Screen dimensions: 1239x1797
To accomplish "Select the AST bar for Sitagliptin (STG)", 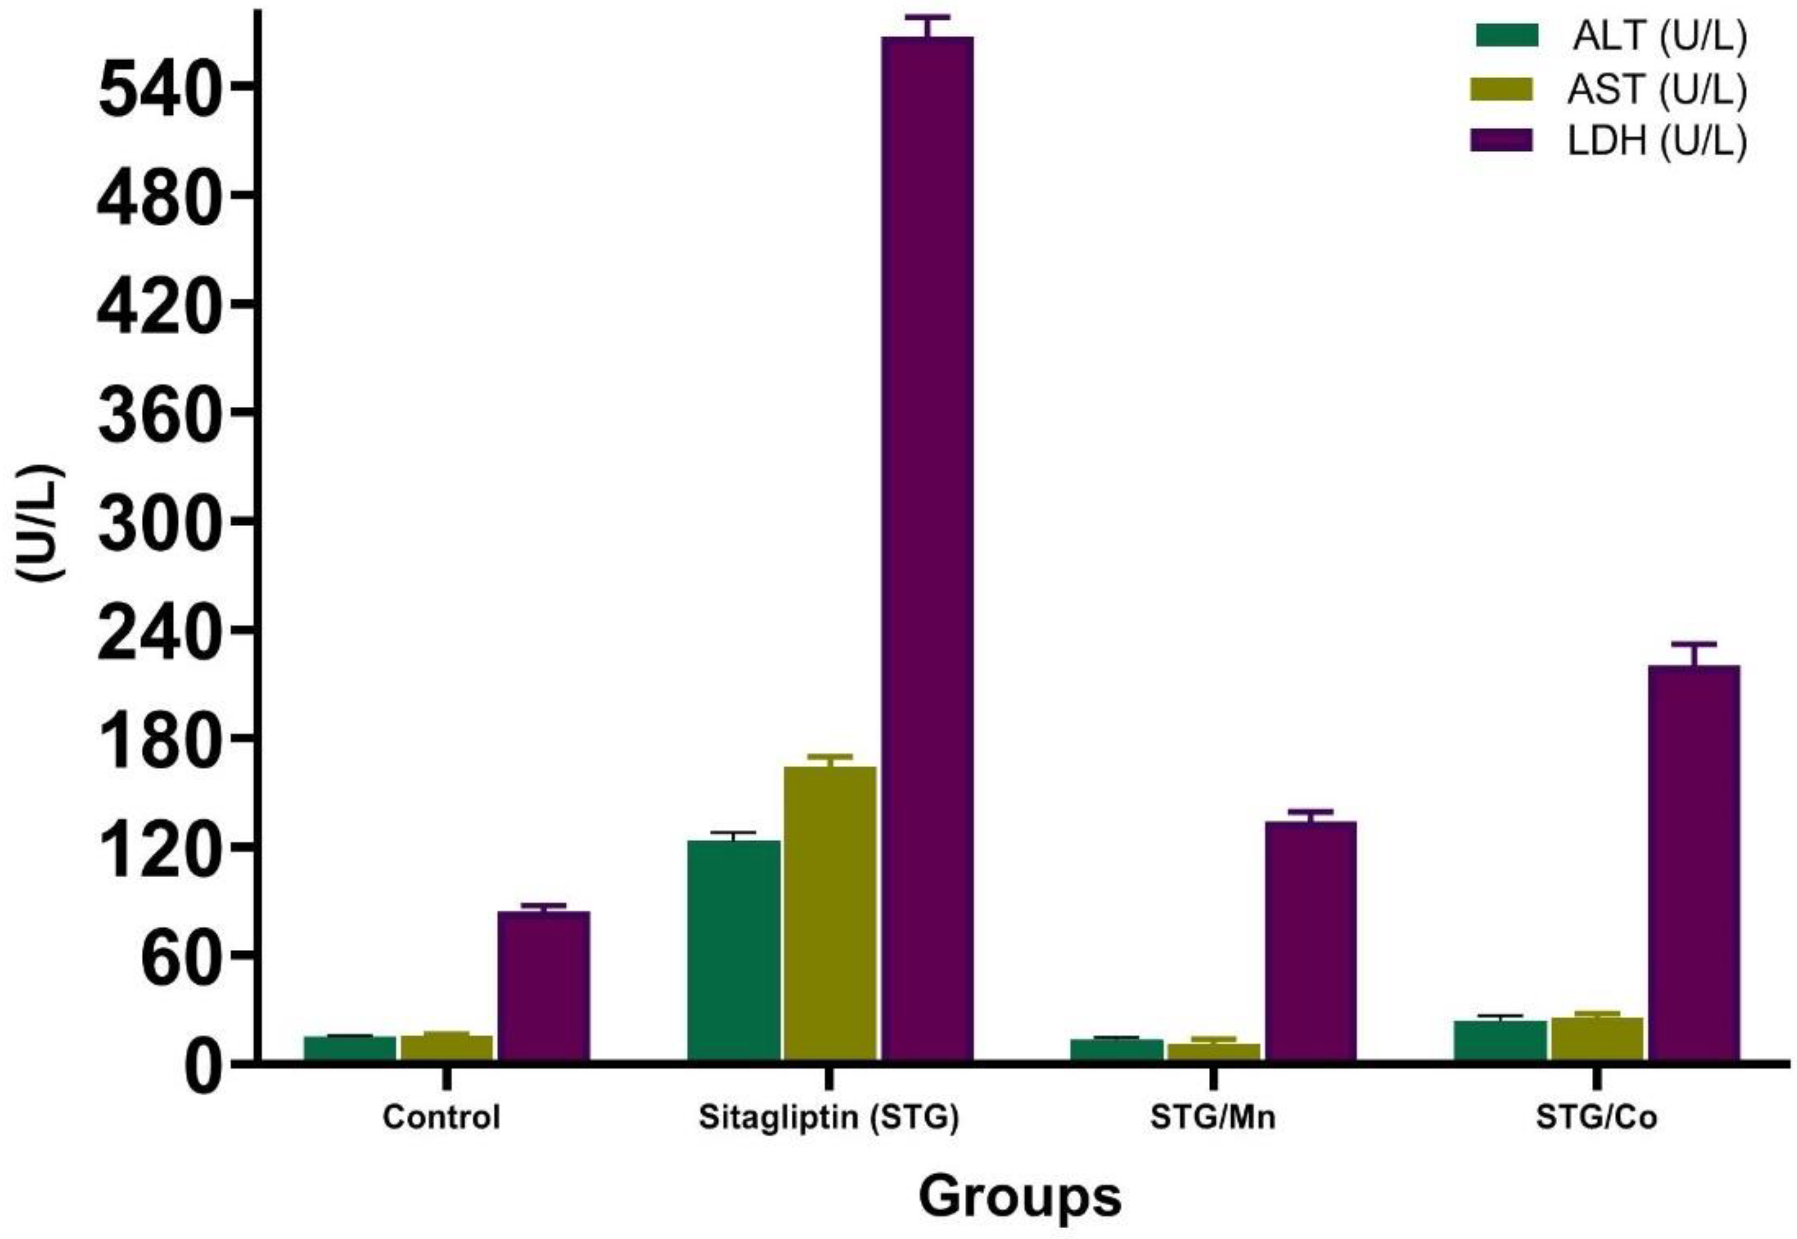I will pos(829,912).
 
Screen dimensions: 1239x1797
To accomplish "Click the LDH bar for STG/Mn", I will pos(1310,940).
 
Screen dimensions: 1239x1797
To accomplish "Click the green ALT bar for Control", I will pos(349,1047).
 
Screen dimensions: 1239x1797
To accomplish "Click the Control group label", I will pos(441,1118).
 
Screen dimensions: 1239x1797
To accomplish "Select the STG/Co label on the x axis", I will pos(1596,1118).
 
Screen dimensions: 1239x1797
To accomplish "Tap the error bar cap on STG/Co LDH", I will pos(1694,644).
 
